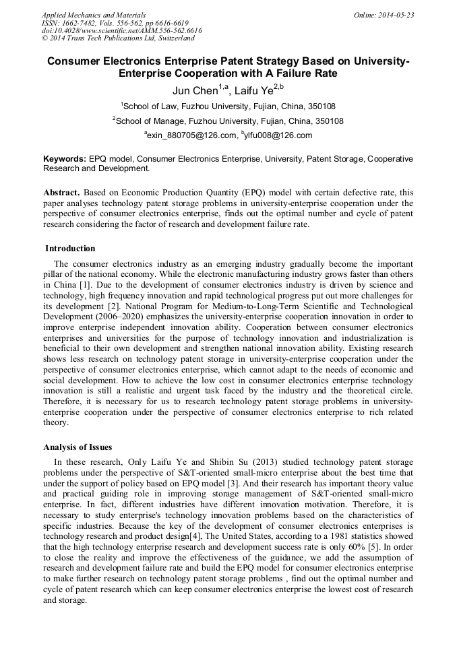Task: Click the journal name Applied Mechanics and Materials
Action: (94, 14)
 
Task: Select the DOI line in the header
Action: (121, 30)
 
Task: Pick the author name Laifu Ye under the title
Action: (255, 90)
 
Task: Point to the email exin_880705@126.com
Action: (191, 135)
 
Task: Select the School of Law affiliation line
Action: (229, 106)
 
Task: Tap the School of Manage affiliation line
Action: (229, 121)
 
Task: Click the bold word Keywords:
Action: (65, 159)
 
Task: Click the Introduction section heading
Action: (70, 248)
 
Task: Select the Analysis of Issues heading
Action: (78, 447)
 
